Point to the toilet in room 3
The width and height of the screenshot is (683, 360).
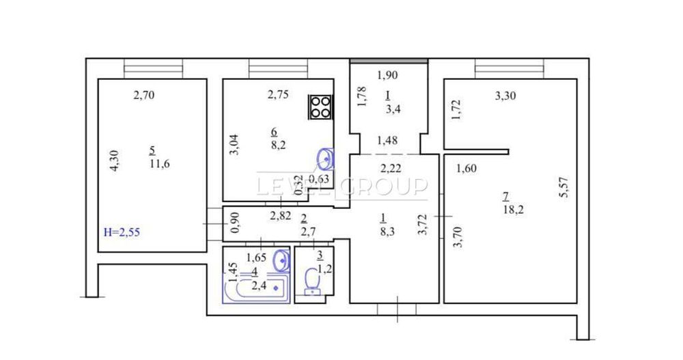pos(313,281)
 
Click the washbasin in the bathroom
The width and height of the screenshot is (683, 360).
pos(280,260)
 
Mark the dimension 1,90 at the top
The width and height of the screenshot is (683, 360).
pos(387,75)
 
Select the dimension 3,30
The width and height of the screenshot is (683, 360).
pos(505,96)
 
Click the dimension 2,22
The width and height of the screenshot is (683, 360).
pos(391,169)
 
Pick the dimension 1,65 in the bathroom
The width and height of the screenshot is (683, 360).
pos(256,258)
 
